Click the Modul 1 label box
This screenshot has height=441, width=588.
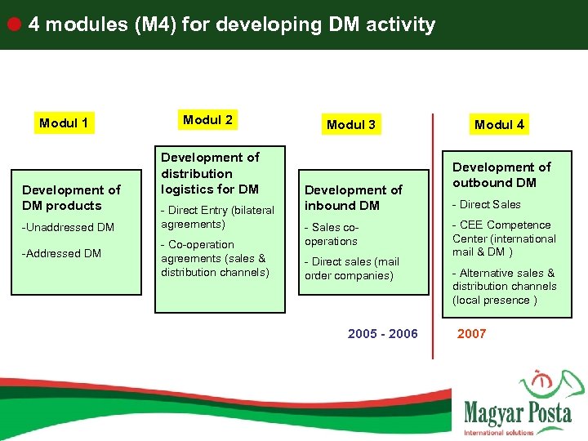(x=64, y=123)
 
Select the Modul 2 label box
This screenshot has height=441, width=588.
(x=207, y=120)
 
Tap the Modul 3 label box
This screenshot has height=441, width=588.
(x=351, y=124)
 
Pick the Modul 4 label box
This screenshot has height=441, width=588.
(x=499, y=124)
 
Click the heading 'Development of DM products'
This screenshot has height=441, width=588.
(x=71, y=198)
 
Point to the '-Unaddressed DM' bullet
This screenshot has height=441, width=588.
(x=68, y=227)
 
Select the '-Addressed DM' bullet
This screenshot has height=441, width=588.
(x=61, y=253)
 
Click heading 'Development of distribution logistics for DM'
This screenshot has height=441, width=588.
(x=210, y=173)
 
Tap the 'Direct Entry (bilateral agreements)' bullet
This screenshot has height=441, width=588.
(x=217, y=217)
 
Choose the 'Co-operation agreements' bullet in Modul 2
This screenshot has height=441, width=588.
(x=215, y=258)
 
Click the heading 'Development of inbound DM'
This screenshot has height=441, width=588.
(x=353, y=198)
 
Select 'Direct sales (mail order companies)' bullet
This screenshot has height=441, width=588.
(x=351, y=269)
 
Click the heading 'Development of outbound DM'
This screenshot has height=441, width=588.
(x=501, y=175)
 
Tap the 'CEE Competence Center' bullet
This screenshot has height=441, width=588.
(x=504, y=238)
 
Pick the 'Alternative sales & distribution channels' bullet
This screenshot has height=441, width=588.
(x=504, y=286)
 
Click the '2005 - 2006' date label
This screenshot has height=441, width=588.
(x=382, y=333)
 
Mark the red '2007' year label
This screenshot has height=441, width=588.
(x=471, y=333)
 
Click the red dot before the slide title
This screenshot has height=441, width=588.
(x=14, y=24)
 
